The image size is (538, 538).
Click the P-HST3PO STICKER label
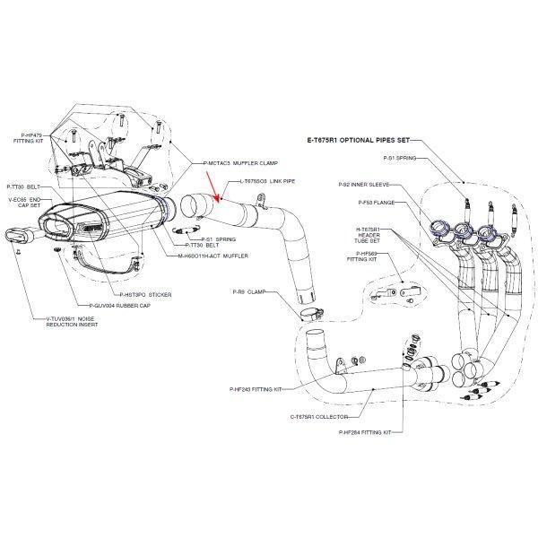[144, 294]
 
